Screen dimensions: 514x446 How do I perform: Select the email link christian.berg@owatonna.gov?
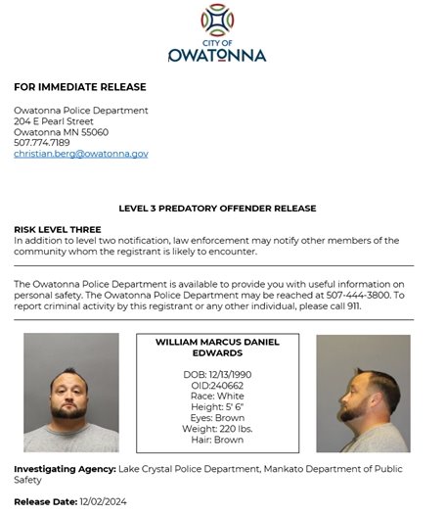[x=80, y=154]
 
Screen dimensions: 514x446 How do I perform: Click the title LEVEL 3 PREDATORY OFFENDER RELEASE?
[x=217, y=209]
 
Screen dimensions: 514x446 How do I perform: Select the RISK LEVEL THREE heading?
[x=55, y=229]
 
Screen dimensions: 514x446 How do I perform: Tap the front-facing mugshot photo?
[x=70, y=393]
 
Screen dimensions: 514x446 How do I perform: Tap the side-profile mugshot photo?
[x=363, y=393]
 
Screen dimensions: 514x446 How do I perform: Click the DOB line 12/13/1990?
[x=217, y=375]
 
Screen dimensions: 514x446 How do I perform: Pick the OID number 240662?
[x=217, y=386]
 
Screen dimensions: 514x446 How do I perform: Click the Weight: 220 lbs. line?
[x=217, y=429]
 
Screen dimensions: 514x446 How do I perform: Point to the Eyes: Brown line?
[x=217, y=418]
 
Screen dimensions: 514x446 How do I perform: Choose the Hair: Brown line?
[x=217, y=440]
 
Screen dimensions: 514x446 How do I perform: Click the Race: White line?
[x=217, y=397]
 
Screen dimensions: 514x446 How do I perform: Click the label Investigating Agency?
[x=65, y=469]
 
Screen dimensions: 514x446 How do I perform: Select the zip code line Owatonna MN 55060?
[x=61, y=132]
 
